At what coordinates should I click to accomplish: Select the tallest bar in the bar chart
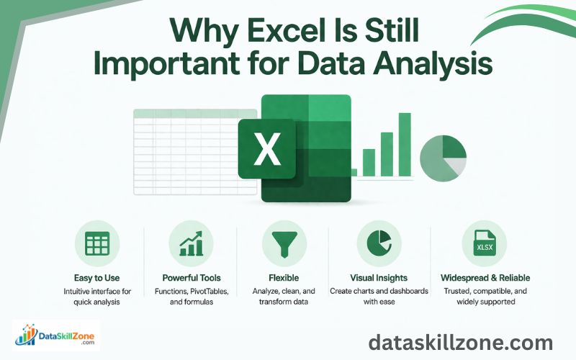(x=405, y=143)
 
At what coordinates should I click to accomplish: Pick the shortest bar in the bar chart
(x=369, y=162)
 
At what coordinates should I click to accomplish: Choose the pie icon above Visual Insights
(x=378, y=243)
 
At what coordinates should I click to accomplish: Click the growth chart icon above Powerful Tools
(x=191, y=243)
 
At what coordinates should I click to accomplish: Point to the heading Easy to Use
(x=96, y=277)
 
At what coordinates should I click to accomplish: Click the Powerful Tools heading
(x=192, y=277)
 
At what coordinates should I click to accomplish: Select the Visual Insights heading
(x=378, y=277)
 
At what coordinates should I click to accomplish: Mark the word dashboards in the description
(x=409, y=291)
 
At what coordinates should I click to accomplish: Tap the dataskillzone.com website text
(x=460, y=343)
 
